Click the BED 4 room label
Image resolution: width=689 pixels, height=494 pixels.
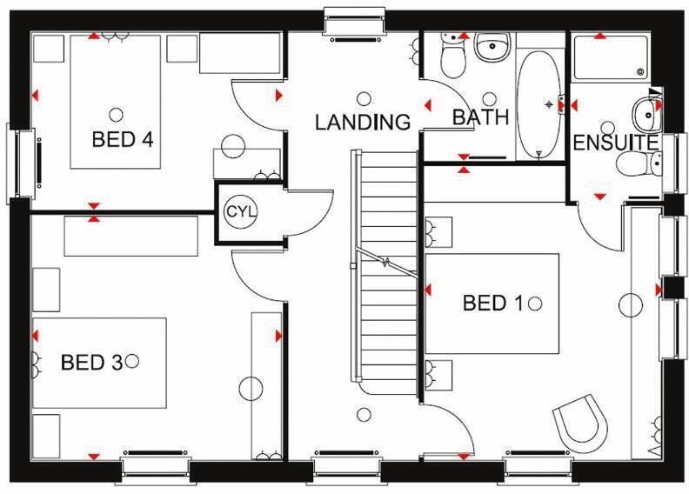point(123,138)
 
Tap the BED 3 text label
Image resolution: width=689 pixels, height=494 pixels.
point(90,361)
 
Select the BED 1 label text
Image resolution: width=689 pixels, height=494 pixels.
point(492,303)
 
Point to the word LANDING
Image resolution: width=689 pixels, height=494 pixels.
point(362,122)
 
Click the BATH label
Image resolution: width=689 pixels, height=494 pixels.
point(480,117)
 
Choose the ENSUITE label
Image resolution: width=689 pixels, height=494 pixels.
point(615,141)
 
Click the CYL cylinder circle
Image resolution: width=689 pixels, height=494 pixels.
point(237,211)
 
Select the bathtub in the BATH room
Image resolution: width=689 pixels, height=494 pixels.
point(539,104)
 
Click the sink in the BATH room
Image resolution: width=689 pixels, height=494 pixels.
point(492,48)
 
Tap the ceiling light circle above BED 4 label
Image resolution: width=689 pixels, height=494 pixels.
point(117,113)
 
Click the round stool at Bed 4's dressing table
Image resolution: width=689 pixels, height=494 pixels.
point(232,147)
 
